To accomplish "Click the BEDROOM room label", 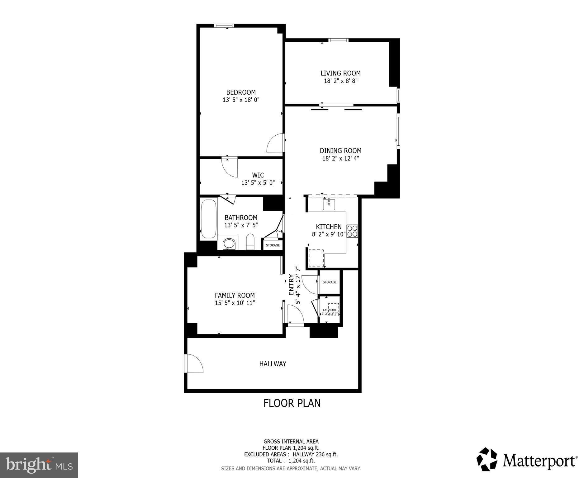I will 241,92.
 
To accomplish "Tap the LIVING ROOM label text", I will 340,73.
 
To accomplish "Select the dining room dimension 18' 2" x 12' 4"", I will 340,158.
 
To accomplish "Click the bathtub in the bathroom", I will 209,219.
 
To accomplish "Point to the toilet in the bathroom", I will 250,242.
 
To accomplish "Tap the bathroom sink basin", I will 229,244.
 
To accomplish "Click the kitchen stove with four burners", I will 352,231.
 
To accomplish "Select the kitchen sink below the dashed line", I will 329,205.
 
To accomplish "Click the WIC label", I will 258,175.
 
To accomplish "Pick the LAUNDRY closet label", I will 330,310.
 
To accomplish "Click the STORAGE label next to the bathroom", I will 273,245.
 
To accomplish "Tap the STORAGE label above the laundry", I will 330,282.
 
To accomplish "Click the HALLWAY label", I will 273,364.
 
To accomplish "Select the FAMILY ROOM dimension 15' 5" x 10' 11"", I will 235,303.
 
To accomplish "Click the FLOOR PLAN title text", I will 292,403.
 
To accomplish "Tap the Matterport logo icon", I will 487,460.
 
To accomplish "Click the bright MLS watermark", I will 39,465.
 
